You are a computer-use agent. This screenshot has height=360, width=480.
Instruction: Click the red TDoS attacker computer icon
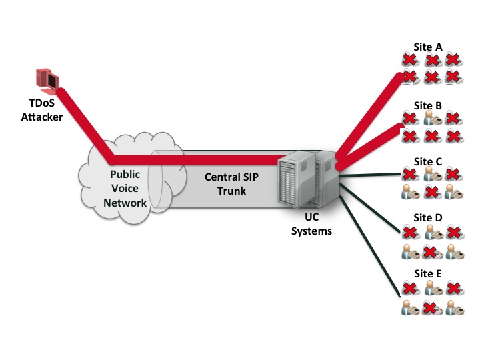(x=46, y=79)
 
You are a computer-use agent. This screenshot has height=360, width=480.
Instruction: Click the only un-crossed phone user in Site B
(x=431, y=120)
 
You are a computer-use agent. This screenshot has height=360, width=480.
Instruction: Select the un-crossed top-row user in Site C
(x=431, y=177)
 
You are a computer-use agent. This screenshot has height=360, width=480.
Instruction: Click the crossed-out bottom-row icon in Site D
(x=431, y=251)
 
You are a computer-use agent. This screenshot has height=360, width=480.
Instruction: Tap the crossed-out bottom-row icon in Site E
(x=431, y=308)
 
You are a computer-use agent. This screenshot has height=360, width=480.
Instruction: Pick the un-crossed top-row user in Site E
(x=431, y=289)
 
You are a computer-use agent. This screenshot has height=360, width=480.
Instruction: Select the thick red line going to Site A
(x=373, y=113)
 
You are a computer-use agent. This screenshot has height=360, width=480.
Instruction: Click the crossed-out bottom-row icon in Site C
(x=431, y=194)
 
